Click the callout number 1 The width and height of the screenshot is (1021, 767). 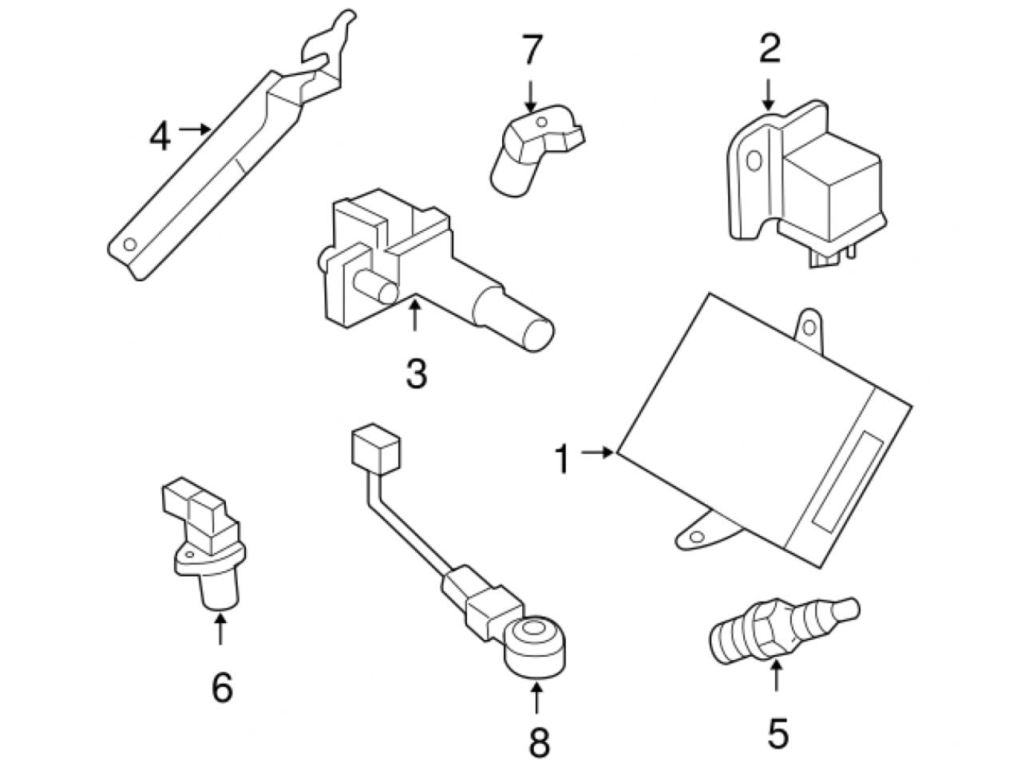point(563,460)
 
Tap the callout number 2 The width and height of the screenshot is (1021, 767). point(768,50)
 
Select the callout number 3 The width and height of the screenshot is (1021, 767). point(416,373)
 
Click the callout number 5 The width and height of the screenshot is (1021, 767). point(777,733)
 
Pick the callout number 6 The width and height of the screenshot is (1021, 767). point(221,686)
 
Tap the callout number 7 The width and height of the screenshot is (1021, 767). point(532,50)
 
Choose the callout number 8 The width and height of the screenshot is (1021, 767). point(539,743)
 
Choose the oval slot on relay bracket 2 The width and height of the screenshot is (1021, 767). point(751,161)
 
